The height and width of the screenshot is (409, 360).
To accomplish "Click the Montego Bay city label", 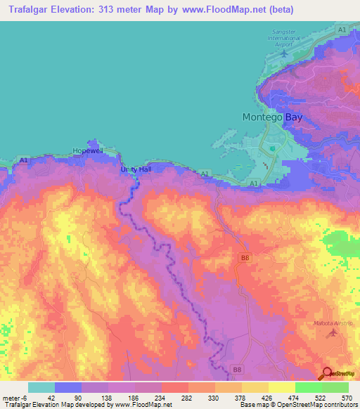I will tap(272, 117).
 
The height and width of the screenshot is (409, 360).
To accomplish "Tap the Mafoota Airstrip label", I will tap(332, 323).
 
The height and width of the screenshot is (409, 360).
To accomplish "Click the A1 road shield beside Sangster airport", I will tap(342, 29).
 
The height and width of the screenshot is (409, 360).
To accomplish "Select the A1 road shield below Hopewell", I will tap(25, 161).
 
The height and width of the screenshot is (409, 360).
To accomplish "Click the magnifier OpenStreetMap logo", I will tap(328, 373).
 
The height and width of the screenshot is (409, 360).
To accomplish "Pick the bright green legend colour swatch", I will tap(308, 387).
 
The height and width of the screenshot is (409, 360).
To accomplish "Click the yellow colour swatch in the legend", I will tap(281, 387).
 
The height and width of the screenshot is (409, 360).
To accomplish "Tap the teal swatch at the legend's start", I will tap(41, 387).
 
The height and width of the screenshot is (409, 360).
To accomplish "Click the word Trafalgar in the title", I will tap(34, 10).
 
